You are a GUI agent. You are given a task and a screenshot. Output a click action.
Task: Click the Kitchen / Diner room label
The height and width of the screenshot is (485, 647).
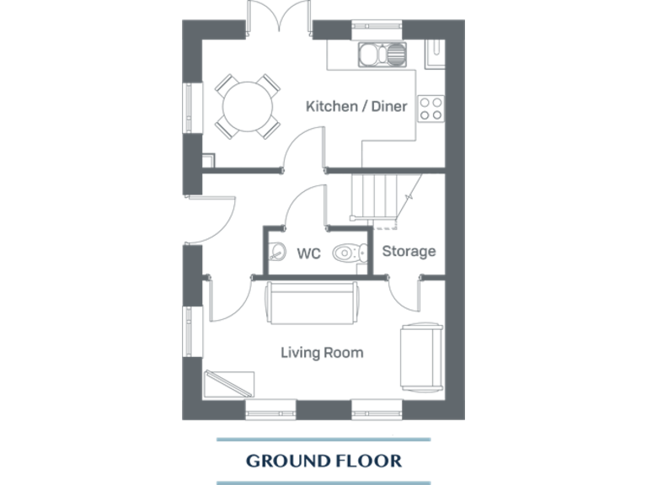click(x=356, y=107)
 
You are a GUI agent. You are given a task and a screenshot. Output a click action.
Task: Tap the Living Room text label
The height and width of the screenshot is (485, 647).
click(x=322, y=352)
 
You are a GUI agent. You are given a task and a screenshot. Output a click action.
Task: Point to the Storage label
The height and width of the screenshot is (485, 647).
click(x=409, y=251)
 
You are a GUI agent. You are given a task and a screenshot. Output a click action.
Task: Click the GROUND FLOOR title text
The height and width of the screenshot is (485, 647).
click(x=323, y=461)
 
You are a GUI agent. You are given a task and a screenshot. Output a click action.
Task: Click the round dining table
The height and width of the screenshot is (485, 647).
click(x=247, y=106)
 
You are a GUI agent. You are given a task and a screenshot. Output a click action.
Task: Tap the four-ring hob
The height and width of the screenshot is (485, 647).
click(x=431, y=107)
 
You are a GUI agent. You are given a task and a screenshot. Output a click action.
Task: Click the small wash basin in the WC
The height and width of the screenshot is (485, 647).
click(x=276, y=251)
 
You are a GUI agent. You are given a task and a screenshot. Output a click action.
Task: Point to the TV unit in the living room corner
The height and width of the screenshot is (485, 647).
click(x=230, y=383)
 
